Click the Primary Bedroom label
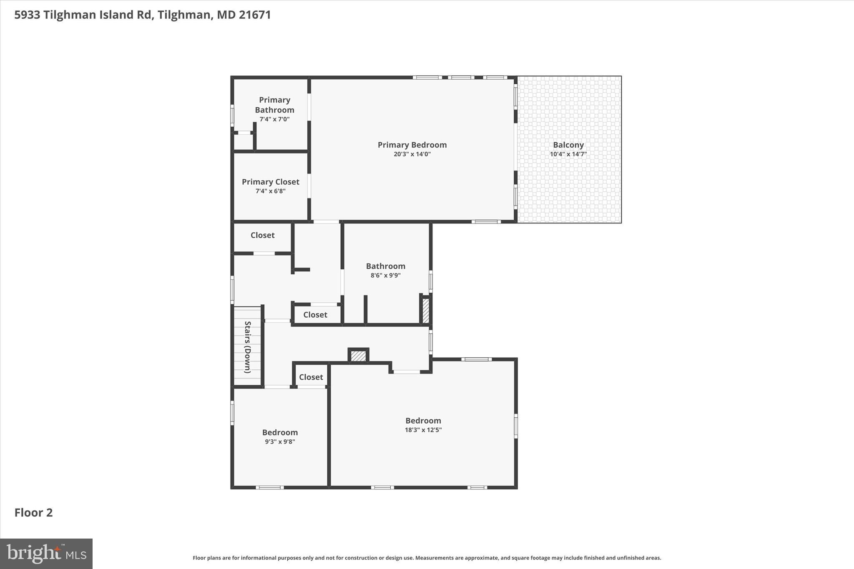412,145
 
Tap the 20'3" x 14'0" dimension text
412,154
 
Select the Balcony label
568,145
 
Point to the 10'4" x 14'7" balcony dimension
568,154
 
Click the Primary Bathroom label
274,105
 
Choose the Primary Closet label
270,182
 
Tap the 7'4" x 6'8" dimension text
270,191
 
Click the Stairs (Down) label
247,347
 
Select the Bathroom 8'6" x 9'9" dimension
385,276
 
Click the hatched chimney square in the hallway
358,356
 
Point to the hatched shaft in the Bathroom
426,311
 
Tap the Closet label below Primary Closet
262,235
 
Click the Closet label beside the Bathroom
315,315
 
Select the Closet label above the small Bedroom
311,377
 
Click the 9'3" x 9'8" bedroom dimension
280,442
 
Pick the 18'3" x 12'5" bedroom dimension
423,430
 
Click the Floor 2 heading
33,513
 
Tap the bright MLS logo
46,554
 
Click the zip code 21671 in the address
255,15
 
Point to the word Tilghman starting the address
69,15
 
